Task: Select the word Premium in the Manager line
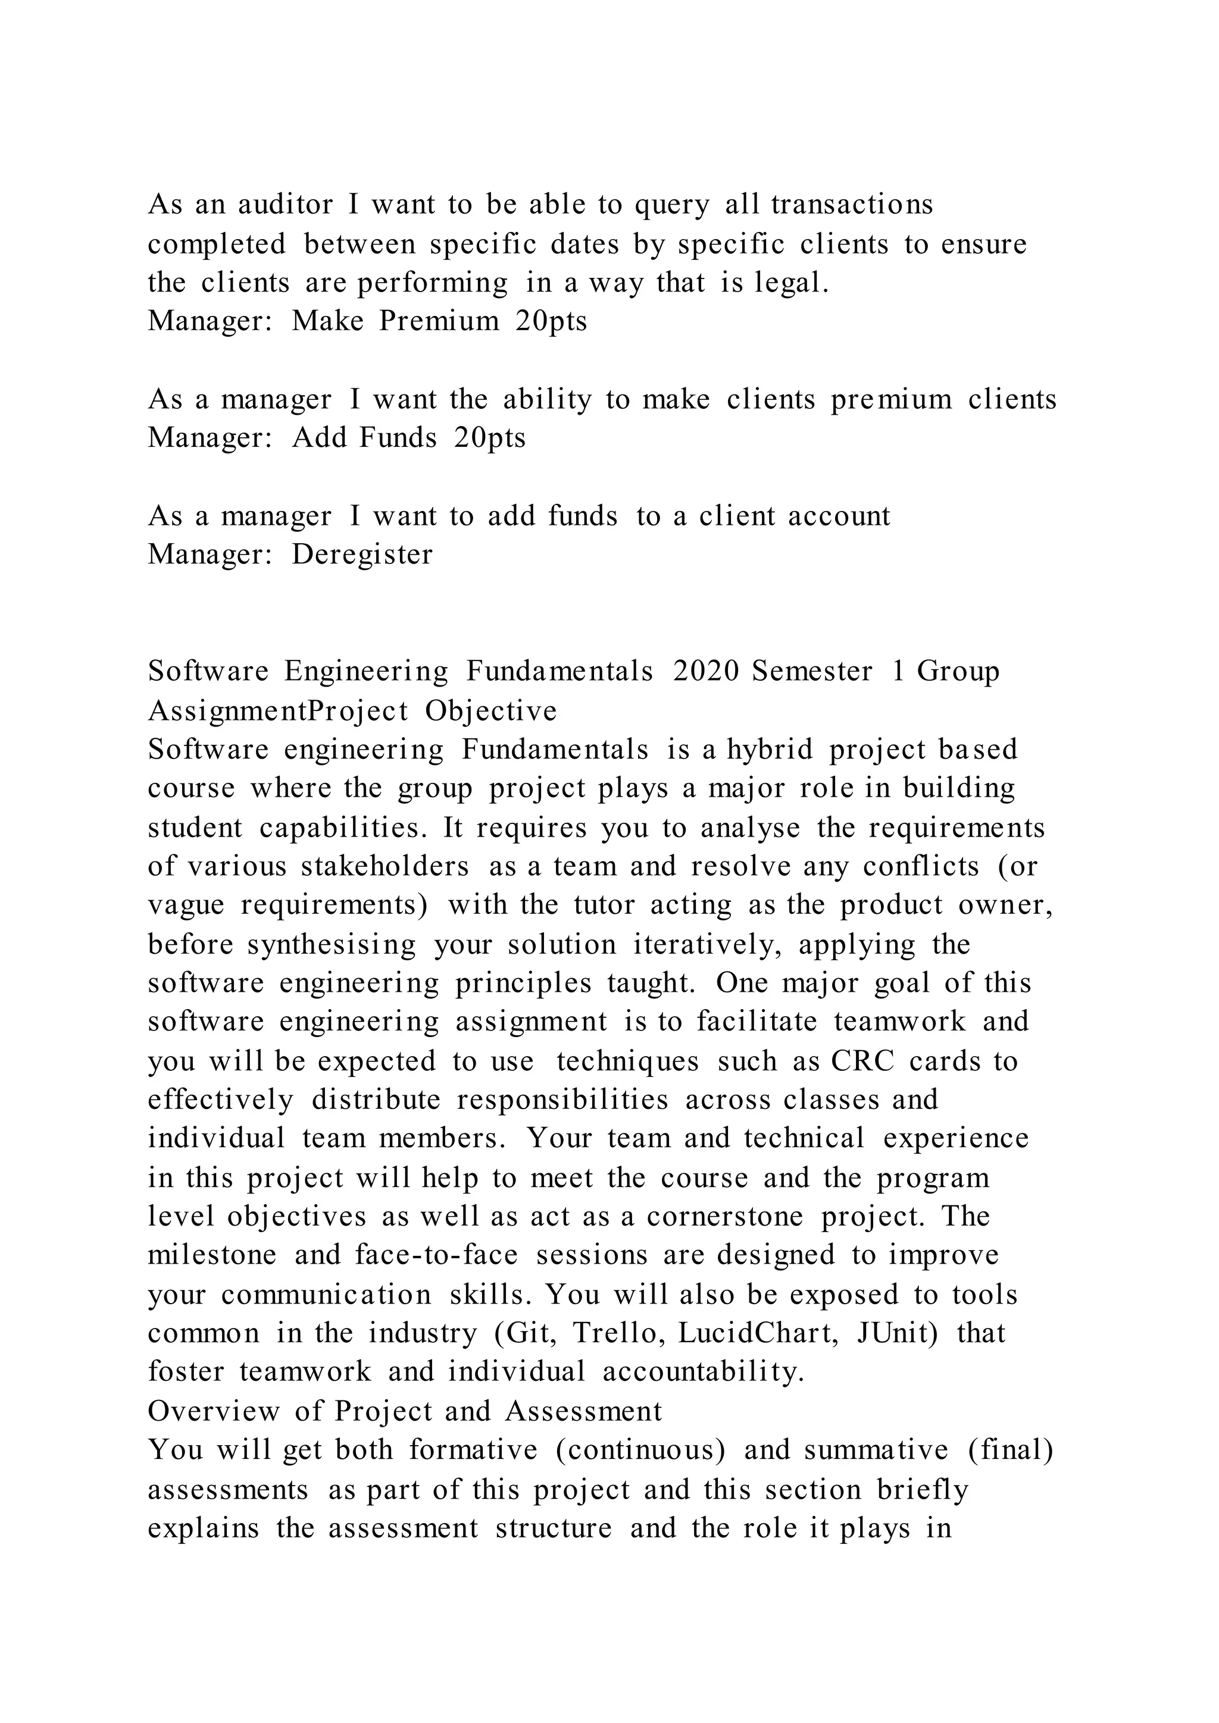coord(439,321)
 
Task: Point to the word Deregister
coord(362,555)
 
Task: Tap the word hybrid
coord(770,749)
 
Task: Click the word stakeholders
coord(385,866)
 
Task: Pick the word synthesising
coord(331,944)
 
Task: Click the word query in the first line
coord(672,204)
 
